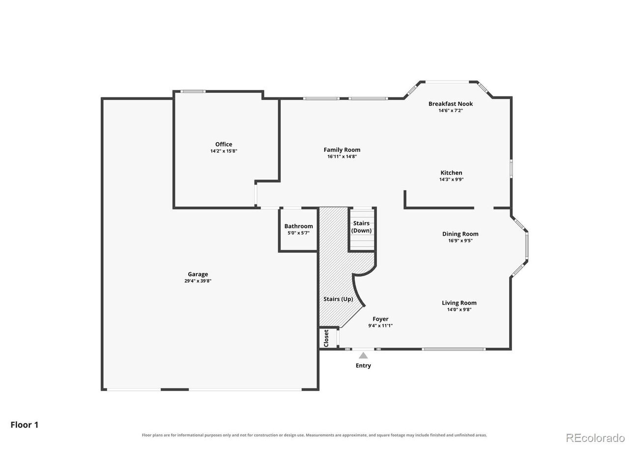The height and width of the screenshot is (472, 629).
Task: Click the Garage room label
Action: click(198, 274)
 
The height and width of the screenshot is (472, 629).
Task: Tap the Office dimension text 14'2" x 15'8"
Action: click(224, 151)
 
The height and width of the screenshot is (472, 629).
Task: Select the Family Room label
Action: click(342, 149)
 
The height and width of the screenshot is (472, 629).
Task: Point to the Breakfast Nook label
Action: click(451, 104)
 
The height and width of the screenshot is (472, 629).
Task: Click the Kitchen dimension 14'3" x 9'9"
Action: click(451, 179)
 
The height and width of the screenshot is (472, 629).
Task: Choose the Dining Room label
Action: click(460, 234)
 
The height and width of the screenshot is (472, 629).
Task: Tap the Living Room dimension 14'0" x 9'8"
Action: click(459, 310)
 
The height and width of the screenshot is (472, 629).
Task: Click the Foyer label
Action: click(380, 319)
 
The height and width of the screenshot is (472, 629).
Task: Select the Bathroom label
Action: click(298, 226)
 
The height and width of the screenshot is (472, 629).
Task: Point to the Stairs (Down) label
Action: click(361, 227)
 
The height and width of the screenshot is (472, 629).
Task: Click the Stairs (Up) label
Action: click(338, 299)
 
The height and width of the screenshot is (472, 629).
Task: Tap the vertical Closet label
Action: click(326, 338)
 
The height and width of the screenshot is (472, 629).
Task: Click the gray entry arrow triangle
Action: click(363, 355)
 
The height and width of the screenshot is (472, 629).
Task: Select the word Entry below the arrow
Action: click(363, 366)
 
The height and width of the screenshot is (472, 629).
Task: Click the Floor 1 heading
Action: click(25, 425)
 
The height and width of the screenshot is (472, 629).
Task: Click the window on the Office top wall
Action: click(193, 91)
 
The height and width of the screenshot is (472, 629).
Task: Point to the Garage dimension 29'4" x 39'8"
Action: click(198, 281)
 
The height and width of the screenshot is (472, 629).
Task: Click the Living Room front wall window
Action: click(454, 349)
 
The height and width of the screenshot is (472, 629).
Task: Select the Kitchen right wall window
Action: click(511, 169)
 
